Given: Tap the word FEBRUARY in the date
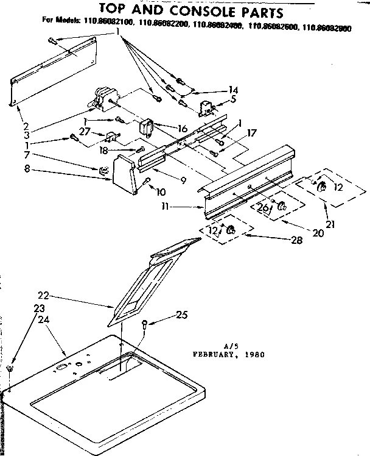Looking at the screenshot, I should coord(215,353).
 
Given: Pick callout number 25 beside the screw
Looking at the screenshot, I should coord(181,315).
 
